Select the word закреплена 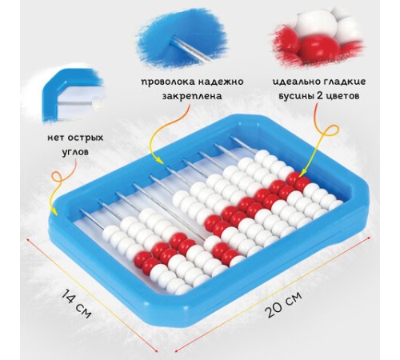point(192,95)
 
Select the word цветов point(343,96)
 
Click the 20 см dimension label point(283,304)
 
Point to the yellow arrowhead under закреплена point(160,161)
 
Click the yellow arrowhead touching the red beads point(302,174)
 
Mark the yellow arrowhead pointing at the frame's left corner point(54,211)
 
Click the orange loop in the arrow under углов point(57,178)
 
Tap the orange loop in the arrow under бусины point(330,133)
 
